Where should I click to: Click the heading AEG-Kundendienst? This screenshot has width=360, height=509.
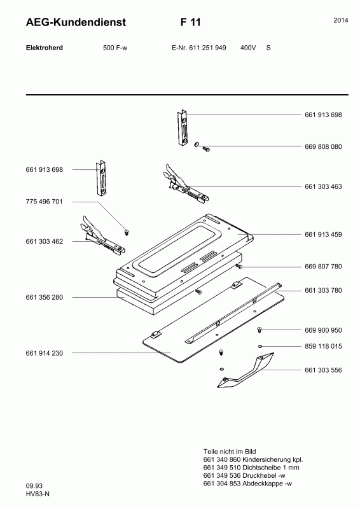pos(76,22)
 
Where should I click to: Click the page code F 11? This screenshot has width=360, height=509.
pos(191,22)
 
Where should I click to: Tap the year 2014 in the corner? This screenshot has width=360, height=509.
pos(341,20)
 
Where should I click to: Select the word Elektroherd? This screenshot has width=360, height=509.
pos(45,48)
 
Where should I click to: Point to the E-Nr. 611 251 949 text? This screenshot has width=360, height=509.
pos(198,48)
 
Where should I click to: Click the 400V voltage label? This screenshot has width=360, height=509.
pos(248,48)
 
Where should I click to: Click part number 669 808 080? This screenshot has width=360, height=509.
pos(323,147)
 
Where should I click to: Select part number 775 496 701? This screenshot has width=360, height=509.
pos(44,202)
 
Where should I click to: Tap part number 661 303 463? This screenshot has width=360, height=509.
pos(323,186)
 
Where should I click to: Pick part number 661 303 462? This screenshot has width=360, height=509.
pos(44,242)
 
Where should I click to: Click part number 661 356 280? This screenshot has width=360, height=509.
pos(44,297)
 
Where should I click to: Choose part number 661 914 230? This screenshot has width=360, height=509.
pos(44,353)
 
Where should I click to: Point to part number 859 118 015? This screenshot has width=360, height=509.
pos(323,346)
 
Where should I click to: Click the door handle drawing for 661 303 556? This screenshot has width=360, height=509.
pos(246,370)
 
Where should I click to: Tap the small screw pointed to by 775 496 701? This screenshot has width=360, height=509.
pos(127,232)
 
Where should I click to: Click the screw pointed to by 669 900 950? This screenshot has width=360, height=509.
pos(260,330)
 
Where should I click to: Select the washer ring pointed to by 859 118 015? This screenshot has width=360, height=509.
pos(260,346)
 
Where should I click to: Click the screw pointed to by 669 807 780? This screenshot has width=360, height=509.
pos(239,266)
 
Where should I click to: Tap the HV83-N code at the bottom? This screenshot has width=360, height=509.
pos(38,494)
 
